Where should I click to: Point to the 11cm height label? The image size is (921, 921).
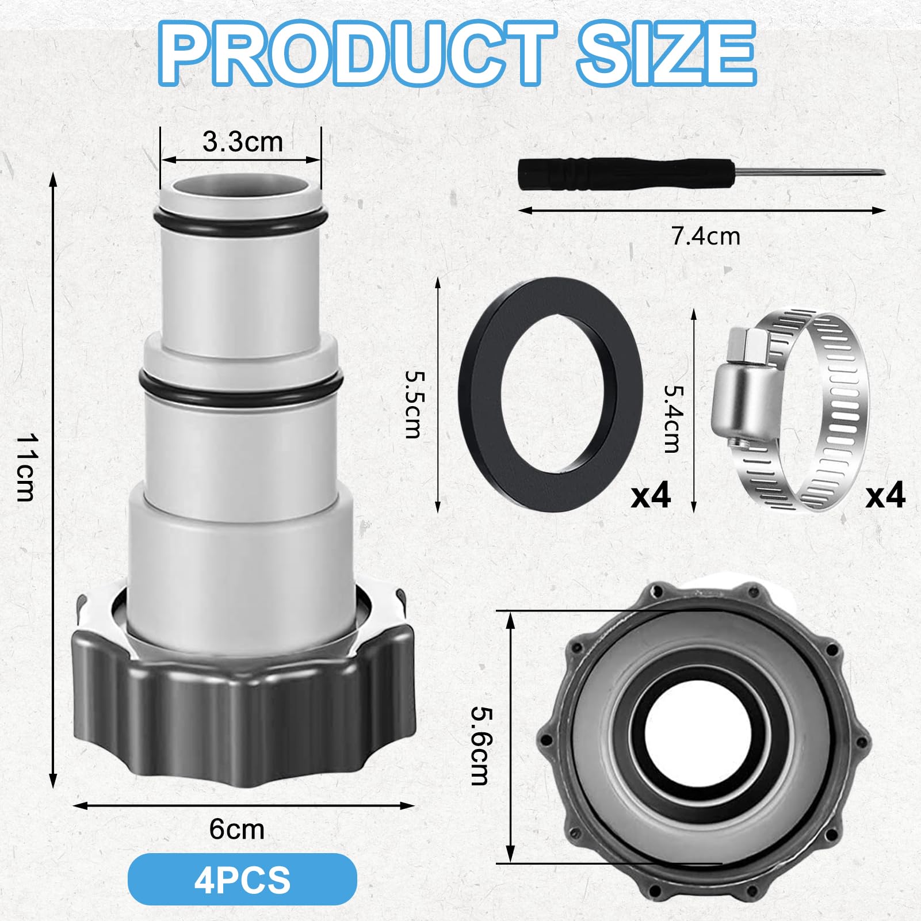click(x=26, y=467)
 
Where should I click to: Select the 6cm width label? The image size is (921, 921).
click(x=236, y=829)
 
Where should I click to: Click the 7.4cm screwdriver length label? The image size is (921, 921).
click(x=706, y=236)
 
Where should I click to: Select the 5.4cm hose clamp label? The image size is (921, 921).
click(x=672, y=418)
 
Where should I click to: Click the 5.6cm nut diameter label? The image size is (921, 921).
click(x=480, y=745)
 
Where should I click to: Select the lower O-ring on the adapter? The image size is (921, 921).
click(x=240, y=391)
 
